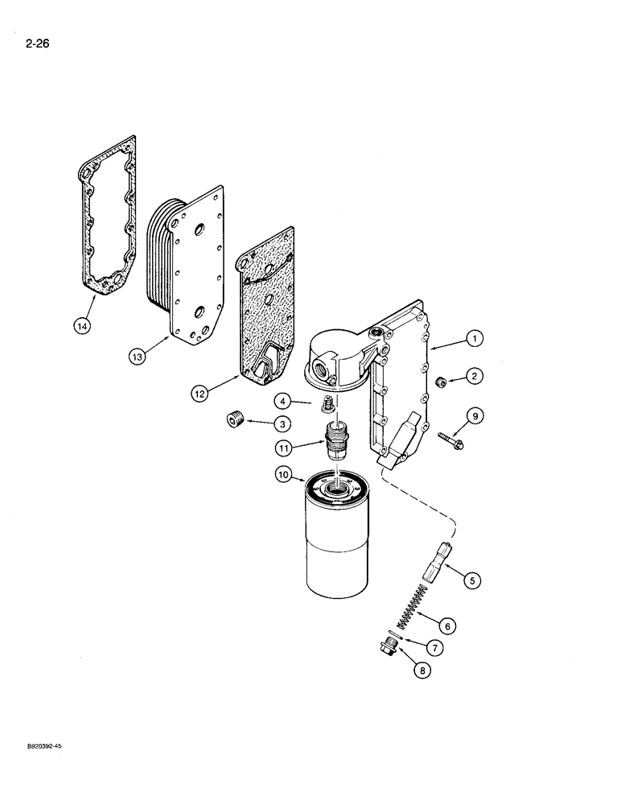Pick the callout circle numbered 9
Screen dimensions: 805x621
pos(475,415)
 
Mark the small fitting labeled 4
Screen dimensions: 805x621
pos(327,402)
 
